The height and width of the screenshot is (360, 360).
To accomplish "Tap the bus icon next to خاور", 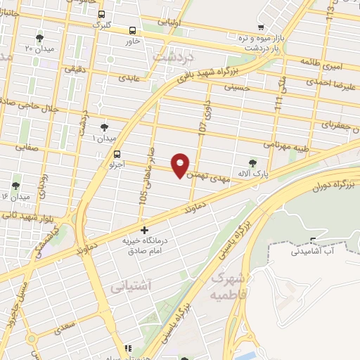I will [x=133, y=30].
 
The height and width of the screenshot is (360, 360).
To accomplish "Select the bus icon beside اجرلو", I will [x=117, y=154].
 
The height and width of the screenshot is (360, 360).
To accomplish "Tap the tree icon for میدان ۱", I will [x=104, y=127].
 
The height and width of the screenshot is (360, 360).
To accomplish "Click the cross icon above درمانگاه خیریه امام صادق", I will [x=144, y=230].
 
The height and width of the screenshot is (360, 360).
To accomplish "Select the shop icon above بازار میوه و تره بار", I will [x=261, y=27].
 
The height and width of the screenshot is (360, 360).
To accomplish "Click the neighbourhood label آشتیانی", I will [x=131, y=288].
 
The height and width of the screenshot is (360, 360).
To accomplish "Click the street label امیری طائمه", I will [x=321, y=62].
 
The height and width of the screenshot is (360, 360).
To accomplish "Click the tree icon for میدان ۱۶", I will [x=13, y=186].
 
